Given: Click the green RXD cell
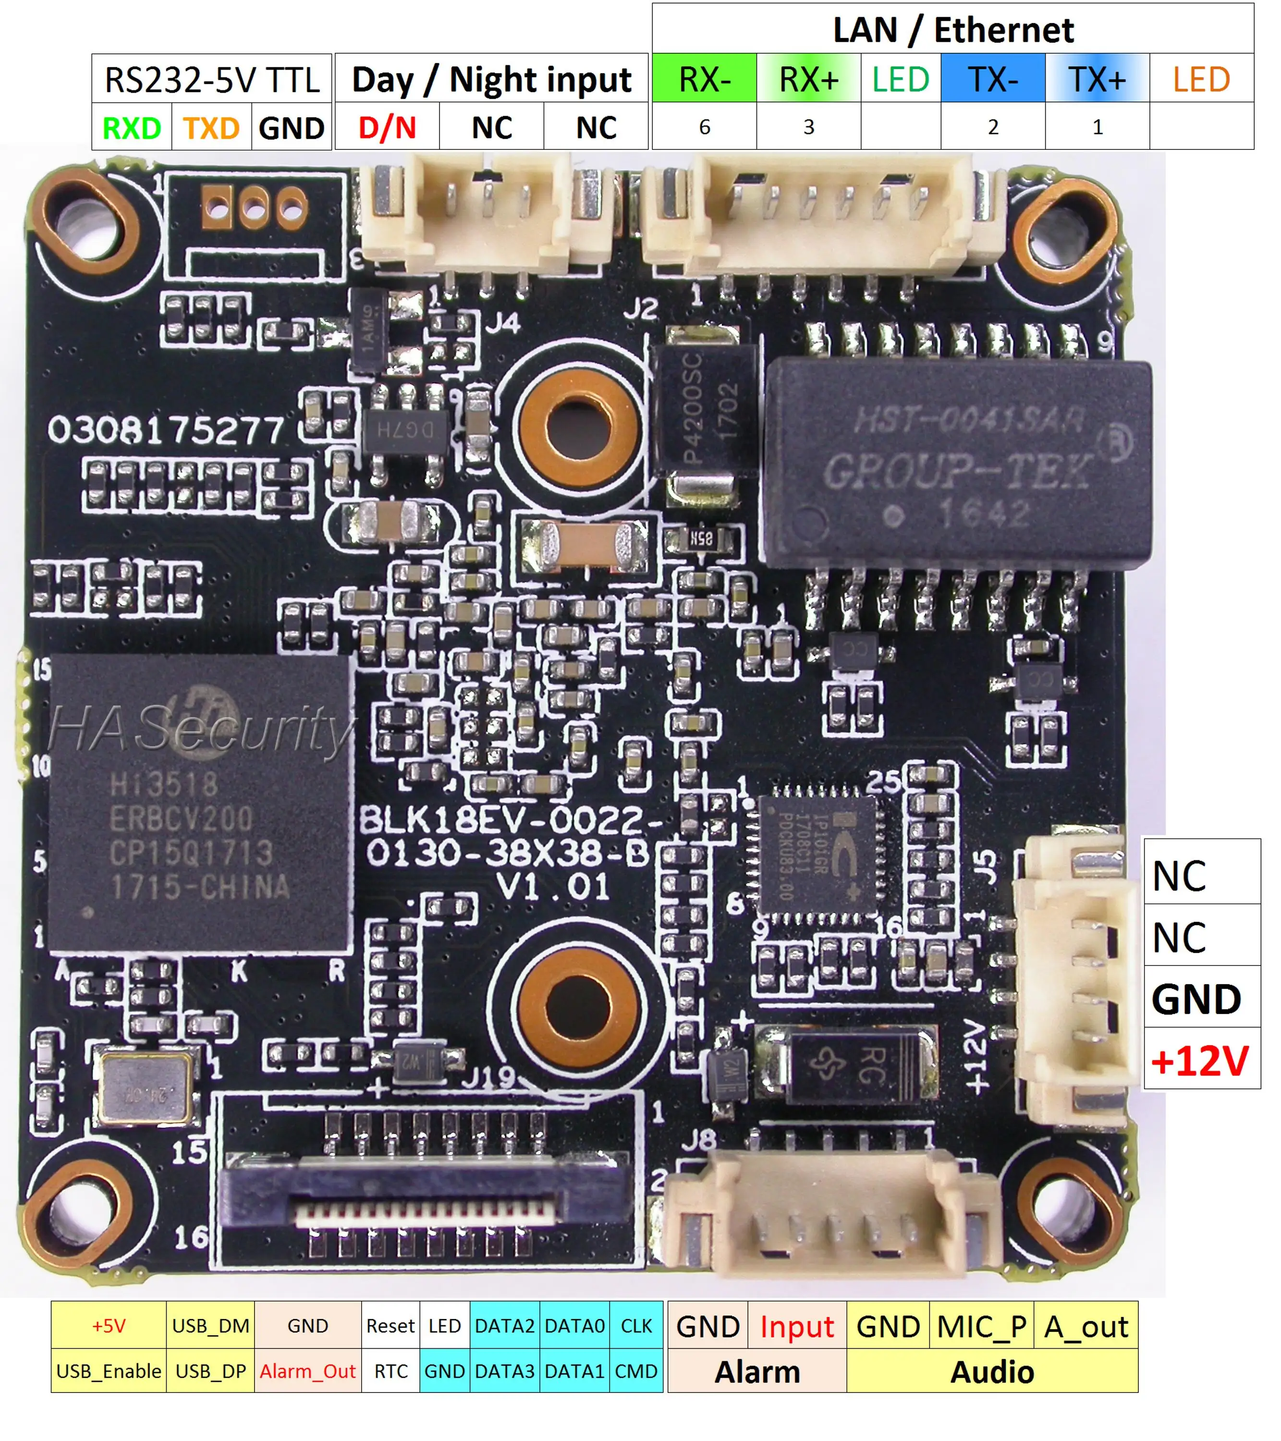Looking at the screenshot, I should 132,128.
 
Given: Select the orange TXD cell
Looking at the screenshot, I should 211,128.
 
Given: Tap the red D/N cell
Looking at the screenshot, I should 387,128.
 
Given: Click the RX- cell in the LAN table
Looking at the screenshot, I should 704,79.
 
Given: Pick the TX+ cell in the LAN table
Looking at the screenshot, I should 1097,79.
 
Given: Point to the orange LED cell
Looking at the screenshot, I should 1201,79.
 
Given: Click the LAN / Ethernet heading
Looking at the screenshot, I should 953,30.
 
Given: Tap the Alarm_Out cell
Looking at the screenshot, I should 307,1371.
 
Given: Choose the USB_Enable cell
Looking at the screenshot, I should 109,1371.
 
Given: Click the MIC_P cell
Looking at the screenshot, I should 981,1327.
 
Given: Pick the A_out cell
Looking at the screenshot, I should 1086,1327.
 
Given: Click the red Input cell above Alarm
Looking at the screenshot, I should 797,1327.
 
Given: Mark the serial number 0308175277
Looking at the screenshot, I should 166,429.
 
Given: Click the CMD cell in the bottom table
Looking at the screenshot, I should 636,1371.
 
